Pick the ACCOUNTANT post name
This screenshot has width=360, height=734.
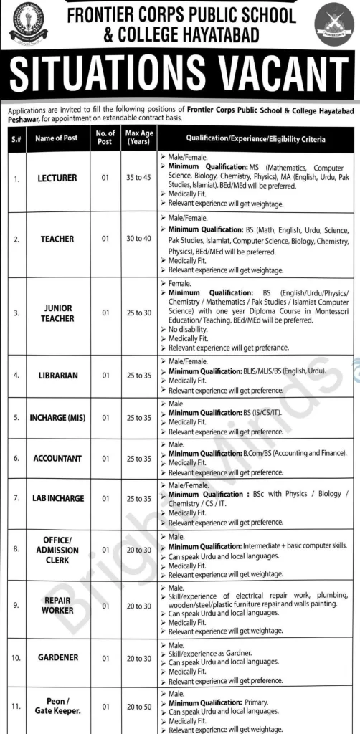point(57,458)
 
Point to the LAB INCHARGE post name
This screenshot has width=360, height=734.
point(58,498)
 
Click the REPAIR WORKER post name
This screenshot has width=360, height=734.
point(58,605)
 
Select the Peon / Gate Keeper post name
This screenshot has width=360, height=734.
point(57,706)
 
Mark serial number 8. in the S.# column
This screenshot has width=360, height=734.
point(16,550)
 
